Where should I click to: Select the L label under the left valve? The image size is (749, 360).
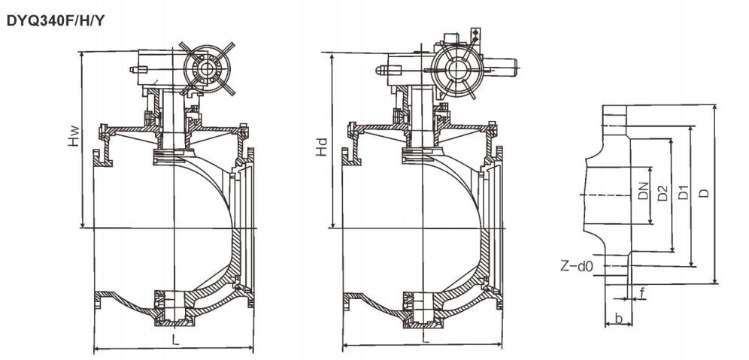coord(174,340)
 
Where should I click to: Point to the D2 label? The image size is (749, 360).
coord(663,193)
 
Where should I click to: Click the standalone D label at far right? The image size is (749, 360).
coord(703,193)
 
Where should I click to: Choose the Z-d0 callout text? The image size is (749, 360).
coord(578,265)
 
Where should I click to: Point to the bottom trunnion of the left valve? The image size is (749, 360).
coord(171,310)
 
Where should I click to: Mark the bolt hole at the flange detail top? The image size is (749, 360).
coord(615,116)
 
